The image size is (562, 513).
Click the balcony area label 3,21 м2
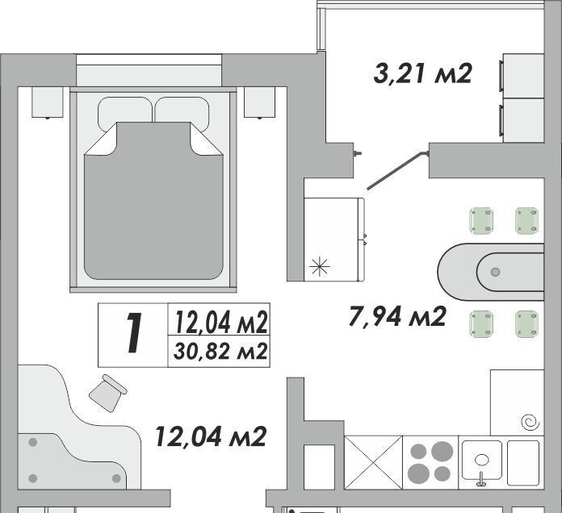coord(422,73)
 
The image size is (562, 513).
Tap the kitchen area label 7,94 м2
coord(397,316)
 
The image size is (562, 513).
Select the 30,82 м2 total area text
coord(220,351)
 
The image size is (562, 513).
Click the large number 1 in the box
coord(134,333)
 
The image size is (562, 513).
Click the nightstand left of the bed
coord(48,102)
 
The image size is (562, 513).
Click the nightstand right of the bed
coord(259,102)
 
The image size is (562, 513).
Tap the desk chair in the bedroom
coord(107,393)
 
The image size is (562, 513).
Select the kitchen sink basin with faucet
coord(482,461)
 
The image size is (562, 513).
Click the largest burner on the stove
coord(442,451)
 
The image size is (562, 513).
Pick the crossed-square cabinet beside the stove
coord(373,462)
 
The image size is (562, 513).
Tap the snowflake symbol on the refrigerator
coord(319,267)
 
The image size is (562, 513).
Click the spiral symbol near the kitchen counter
coord(530,423)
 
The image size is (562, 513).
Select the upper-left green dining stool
coord(482,220)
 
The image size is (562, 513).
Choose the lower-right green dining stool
coord(526,324)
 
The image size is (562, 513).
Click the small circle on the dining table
coord(495,272)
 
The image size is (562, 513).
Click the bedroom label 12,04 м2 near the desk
coord(211,436)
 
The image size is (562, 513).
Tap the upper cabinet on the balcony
coord(523,76)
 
